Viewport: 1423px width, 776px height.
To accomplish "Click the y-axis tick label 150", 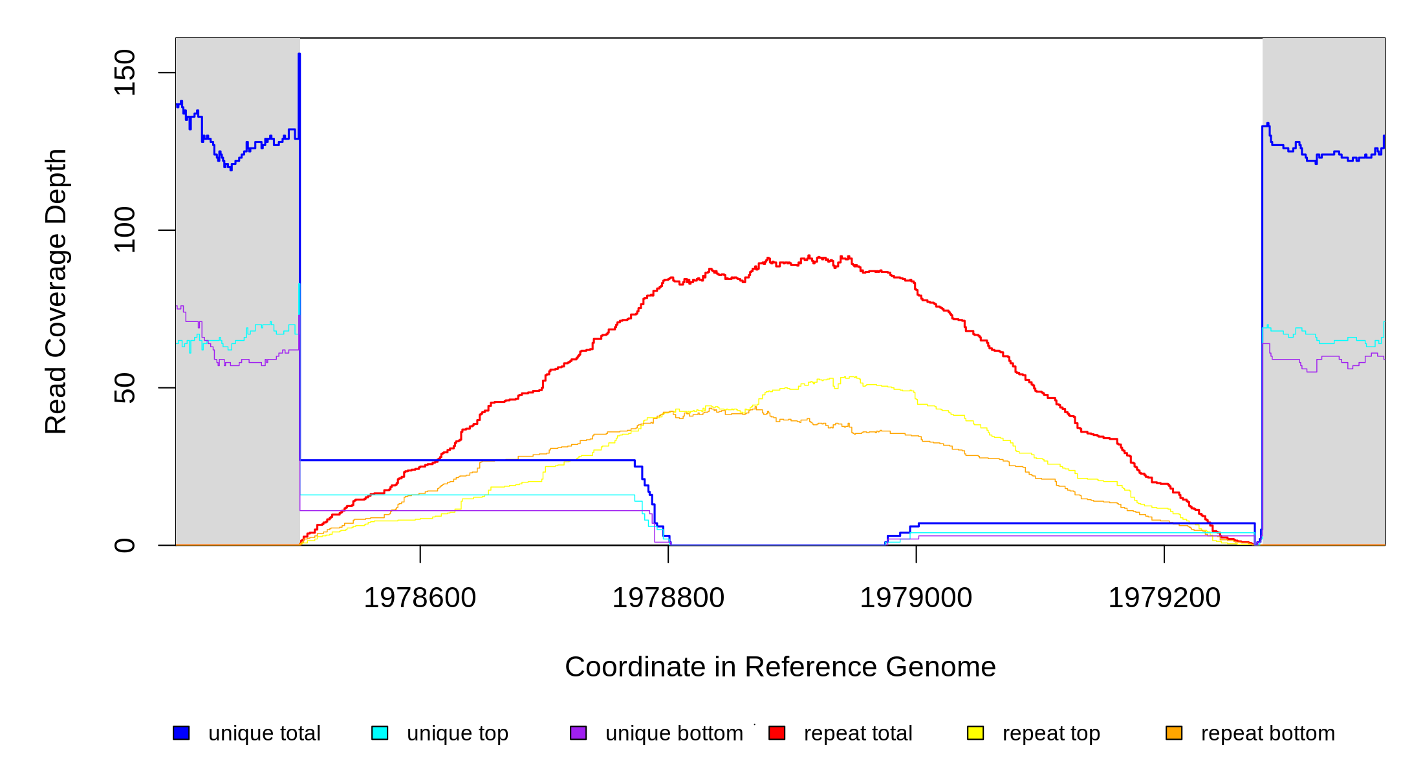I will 124,72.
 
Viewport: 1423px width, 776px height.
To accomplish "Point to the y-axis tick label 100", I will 124,230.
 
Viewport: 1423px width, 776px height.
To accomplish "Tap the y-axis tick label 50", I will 124,388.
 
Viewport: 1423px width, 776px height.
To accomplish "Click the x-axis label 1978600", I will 420,598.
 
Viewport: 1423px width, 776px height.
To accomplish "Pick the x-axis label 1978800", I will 668,598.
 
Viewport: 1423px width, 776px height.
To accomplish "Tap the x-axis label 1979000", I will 916,598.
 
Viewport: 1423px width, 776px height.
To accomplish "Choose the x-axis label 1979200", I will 1164,598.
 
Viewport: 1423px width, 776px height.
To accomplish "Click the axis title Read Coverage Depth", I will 56,291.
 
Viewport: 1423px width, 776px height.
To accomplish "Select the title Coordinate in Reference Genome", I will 780,667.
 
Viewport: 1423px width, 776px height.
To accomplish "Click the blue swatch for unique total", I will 181,733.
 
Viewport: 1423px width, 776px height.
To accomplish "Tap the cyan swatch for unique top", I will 380,733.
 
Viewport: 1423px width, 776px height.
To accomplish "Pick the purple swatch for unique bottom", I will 578,733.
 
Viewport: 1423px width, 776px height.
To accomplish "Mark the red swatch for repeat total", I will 777,733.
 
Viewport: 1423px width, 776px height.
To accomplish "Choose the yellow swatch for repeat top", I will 975,733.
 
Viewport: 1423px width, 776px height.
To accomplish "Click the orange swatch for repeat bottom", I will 1174,733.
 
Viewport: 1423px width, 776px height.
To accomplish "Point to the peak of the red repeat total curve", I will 809,256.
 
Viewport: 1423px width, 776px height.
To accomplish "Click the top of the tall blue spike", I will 299,54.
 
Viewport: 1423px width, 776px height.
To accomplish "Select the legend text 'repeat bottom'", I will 1268,733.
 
